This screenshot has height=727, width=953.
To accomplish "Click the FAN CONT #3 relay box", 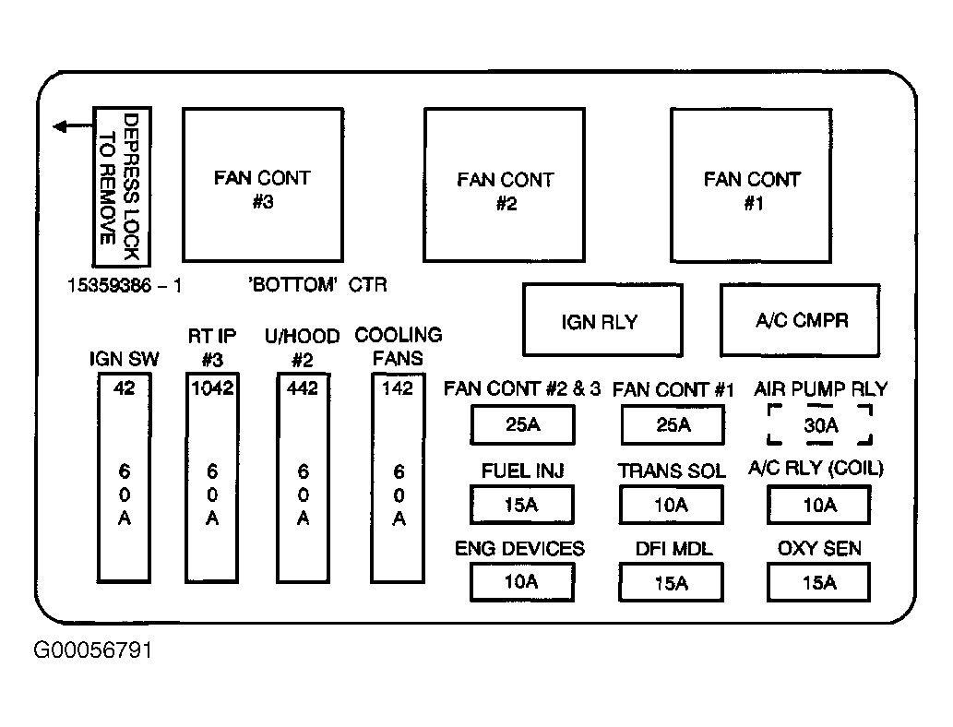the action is point(263,185).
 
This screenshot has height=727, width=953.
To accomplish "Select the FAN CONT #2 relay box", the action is point(505,185).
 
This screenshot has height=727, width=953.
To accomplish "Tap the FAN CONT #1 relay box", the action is point(751,185).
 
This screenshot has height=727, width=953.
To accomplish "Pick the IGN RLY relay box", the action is point(602,320).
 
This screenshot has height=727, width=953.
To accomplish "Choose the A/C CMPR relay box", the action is point(800,320).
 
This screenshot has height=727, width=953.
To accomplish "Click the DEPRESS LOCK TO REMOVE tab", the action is point(122,186).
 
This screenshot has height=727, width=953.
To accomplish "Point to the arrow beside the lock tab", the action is point(73,126).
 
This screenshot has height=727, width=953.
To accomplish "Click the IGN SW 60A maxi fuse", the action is point(124,478).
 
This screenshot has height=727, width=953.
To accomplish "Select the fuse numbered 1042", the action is point(212,478).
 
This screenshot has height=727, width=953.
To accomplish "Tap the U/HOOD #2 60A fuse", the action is point(304,478).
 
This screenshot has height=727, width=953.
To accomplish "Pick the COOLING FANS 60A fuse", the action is point(399,478).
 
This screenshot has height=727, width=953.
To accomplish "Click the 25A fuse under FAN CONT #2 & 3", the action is point(522,425).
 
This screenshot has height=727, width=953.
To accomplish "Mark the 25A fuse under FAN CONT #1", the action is point(673,425).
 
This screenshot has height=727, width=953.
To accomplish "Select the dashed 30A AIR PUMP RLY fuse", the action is point(820,425).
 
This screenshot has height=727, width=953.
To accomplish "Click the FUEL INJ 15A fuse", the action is point(521,504).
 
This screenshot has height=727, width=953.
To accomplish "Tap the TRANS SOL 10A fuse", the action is point(672,504).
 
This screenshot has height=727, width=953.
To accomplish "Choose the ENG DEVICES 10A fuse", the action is point(521,582).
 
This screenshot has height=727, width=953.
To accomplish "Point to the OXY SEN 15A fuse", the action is point(818,582).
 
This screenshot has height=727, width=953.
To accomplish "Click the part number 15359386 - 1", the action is point(124,285).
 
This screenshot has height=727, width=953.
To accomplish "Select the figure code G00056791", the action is point(92,650).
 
